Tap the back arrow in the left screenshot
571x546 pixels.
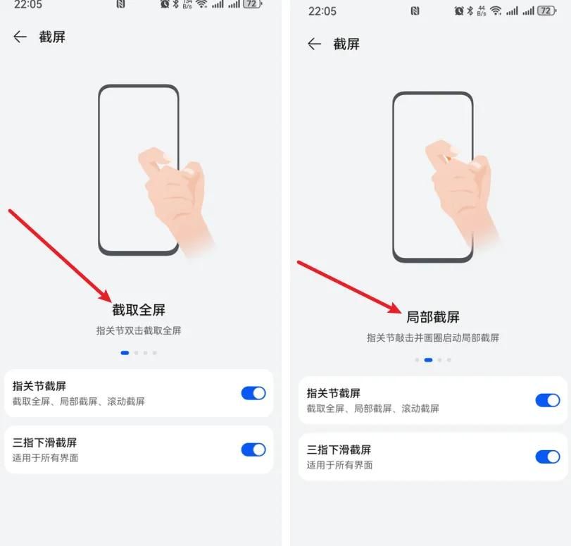tap(20, 37)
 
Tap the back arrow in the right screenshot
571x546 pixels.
tap(314, 44)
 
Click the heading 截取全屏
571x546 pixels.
tap(139, 310)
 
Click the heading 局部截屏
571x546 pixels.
tap(433, 317)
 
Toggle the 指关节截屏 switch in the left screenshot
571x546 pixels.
tap(253, 393)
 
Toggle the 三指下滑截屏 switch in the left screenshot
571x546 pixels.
tap(253, 449)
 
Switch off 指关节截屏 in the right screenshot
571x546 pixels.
tap(548, 400)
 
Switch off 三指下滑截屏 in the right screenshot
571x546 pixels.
tap(548, 457)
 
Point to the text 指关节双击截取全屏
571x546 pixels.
tap(139, 330)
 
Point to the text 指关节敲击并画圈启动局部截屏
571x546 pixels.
tap(433, 338)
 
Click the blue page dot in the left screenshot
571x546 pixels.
tap(125, 352)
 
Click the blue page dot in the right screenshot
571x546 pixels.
tap(428, 360)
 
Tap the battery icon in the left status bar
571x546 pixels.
tap(251, 4)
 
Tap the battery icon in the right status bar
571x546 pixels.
tap(546, 11)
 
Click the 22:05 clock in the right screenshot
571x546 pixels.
tap(322, 11)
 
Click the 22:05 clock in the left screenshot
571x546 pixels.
tap(28, 4)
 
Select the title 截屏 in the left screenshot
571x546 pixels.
tap(52, 37)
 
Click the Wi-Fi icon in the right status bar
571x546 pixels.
tap(496, 11)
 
